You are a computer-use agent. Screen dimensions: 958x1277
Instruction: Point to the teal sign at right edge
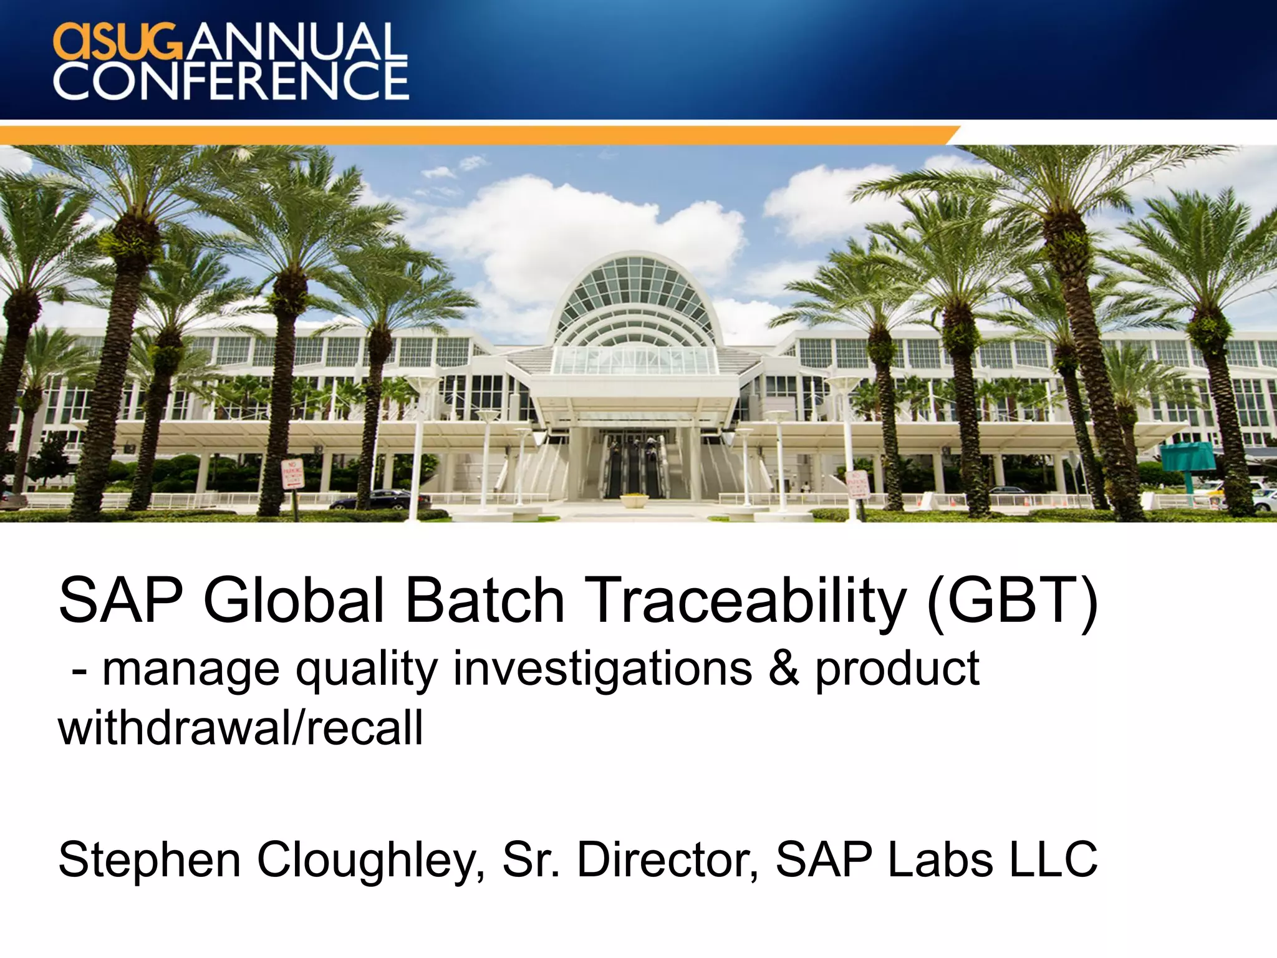1188,457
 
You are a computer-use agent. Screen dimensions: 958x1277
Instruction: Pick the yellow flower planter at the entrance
635,498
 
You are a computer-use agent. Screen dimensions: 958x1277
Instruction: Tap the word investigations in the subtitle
602,669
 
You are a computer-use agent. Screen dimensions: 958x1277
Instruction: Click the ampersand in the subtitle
783,668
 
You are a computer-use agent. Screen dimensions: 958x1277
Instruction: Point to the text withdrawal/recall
240,728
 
